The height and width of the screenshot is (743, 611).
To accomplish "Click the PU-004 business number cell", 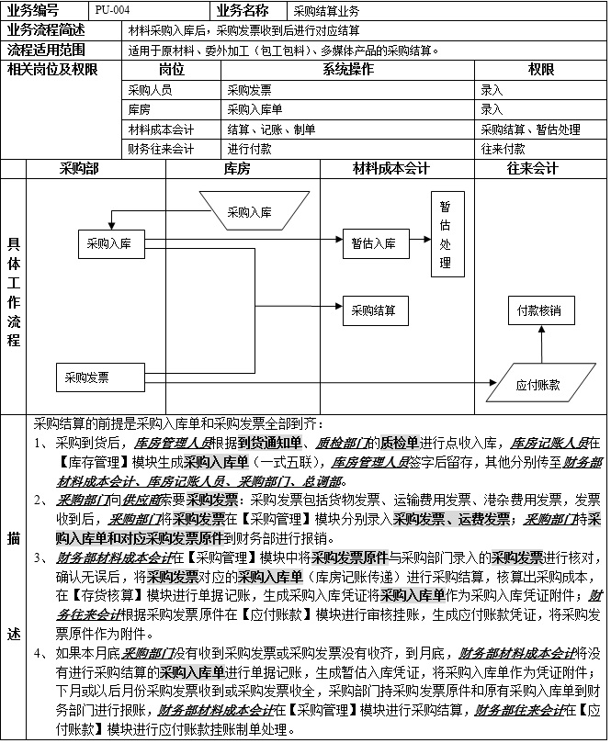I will pyautogui.click(x=153, y=11).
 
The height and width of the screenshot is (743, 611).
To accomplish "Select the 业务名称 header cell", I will pyautogui.click(x=250, y=11).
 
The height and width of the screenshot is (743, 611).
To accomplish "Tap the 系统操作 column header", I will pyautogui.click(x=348, y=70).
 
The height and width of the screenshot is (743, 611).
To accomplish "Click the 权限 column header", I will pyautogui.click(x=540, y=70).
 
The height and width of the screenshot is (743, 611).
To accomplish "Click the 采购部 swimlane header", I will pyautogui.click(x=79, y=169).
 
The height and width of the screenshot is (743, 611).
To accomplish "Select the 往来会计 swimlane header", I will pyautogui.click(x=532, y=169).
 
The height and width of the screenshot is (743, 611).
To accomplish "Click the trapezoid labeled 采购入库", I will pyautogui.click(x=250, y=212).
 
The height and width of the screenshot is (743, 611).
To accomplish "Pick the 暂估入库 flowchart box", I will pyautogui.click(x=374, y=243).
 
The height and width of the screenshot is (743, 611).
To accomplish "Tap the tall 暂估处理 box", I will pyautogui.click(x=445, y=234).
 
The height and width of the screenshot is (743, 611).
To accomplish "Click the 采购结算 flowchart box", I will pyautogui.click(x=374, y=311).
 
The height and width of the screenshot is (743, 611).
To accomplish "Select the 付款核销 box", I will pyautogui.click(x=540, y=310).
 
